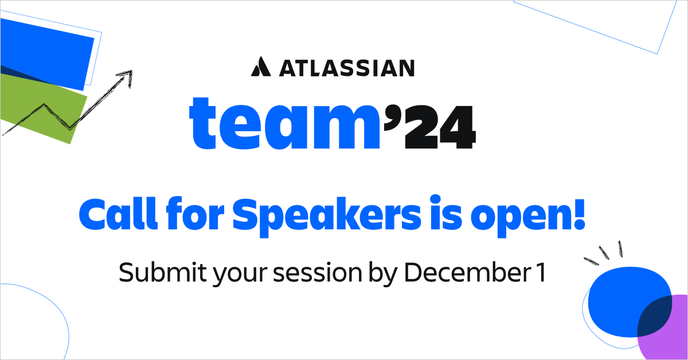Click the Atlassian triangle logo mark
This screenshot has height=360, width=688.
(x=261, y=67)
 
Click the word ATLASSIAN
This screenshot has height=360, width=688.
(x=346, y=68)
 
